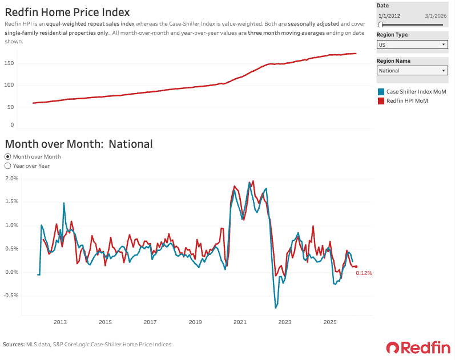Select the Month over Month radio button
[8, 156]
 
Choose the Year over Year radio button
[8, 166]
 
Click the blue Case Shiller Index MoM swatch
[381, 92]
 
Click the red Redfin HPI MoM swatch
[381, 101]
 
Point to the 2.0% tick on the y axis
[11, 179]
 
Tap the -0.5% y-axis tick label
[11, 296]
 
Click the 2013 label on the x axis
[60, 322]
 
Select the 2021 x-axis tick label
[240, 322]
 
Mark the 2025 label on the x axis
[330, 322]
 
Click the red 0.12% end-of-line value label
[364, 273]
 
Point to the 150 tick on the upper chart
[9, 63]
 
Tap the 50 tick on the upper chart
[10, 107]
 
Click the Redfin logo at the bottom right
[418, 347]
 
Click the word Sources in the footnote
[14, 345]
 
